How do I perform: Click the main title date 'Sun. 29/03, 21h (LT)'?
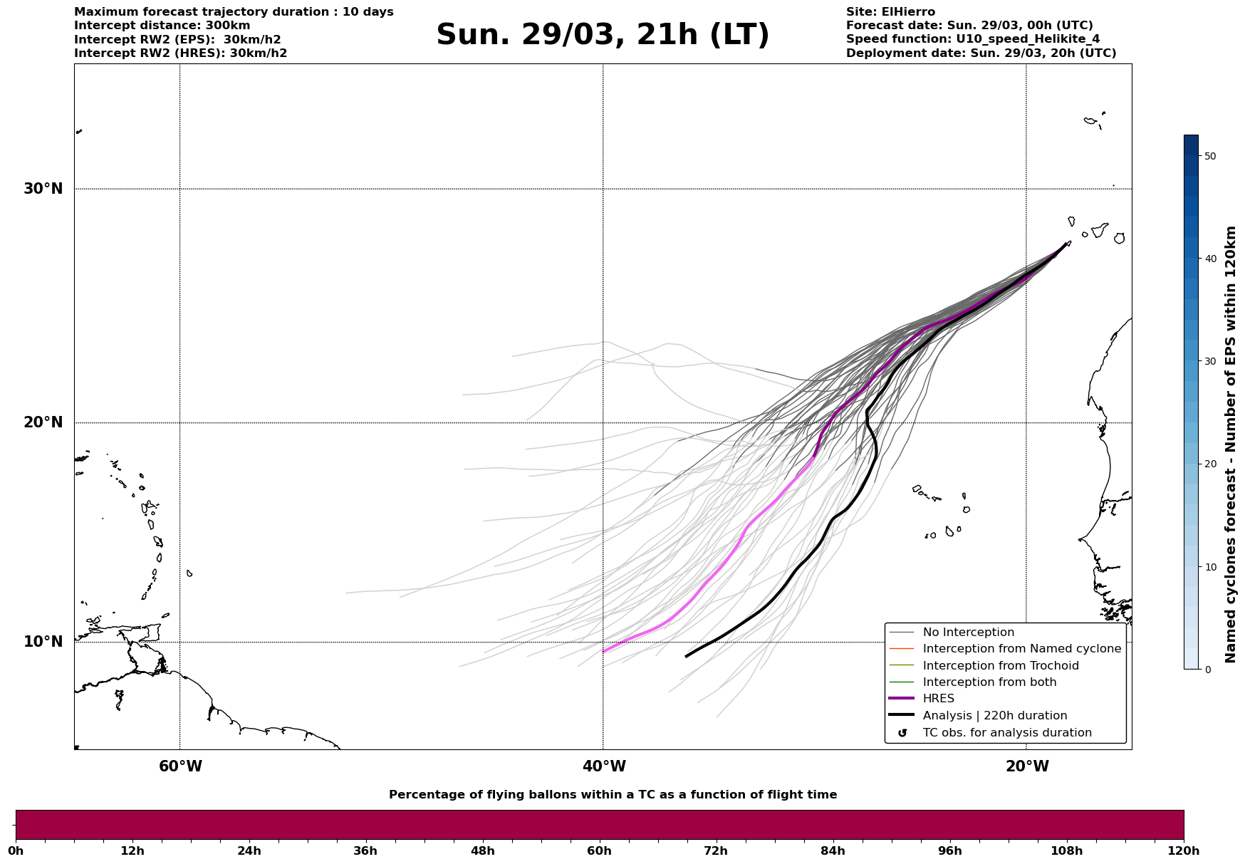click(x=603, y=35)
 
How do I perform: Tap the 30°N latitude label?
click(x=43, y=189)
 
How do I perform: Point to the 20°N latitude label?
click(x=43, y=422)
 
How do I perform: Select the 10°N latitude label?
click(x=43, y=642)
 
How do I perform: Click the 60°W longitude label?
click(x=180, y=766)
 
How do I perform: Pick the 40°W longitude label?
click(x=604, y=766)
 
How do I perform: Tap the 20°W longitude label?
click(x=1027, y=766)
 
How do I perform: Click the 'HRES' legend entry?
click(x=938, y=699)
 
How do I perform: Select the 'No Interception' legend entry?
click(x=968, y=633)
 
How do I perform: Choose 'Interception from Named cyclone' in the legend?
click(x=1021, y=649)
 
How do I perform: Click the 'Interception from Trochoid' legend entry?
click(x=1000, y=666)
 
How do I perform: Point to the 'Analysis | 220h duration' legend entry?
click(x=994, y=716)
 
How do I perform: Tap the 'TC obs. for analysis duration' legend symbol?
click(x=902, y=733)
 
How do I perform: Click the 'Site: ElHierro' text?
click(x=890, y=12)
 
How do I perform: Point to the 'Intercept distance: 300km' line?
click(x=162, y=26)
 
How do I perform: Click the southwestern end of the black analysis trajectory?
click(x=686, y=656)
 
